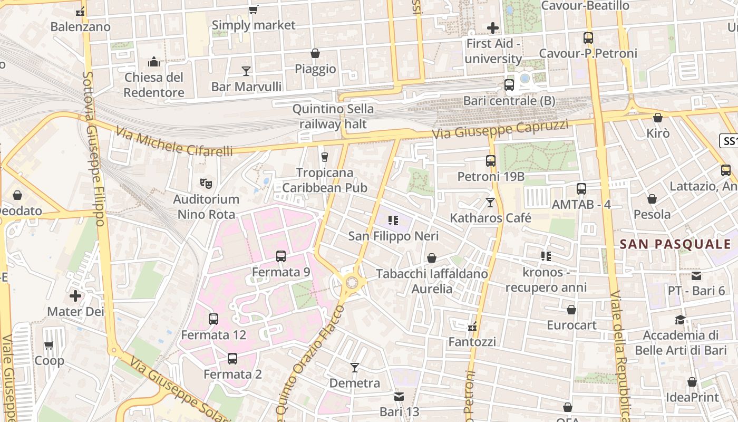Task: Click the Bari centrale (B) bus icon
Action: click(509, 84)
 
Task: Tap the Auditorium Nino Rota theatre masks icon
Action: click(206, 184)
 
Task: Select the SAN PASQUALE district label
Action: click(675, 244)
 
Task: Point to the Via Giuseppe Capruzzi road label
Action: click(500, 130)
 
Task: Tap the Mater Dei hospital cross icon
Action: click(75, 296)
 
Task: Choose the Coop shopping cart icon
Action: click(49, 345)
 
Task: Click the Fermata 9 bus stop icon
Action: click(281, 256)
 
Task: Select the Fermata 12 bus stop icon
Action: click(213, 319)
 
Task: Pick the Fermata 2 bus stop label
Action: click(232, 374)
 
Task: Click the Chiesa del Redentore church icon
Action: click(154, 62)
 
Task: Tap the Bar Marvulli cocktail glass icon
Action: click(246, 71)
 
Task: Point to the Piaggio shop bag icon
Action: click(315, 53)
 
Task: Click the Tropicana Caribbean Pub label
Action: click(325, 180)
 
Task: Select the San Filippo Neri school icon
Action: click(393, 220)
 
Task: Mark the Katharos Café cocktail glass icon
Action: click(490, 202)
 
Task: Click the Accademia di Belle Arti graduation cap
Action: click(680, 320)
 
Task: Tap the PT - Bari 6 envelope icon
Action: click(696, 275)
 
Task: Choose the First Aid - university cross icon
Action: click(493, 27)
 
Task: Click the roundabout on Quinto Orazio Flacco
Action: click(352, 283)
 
